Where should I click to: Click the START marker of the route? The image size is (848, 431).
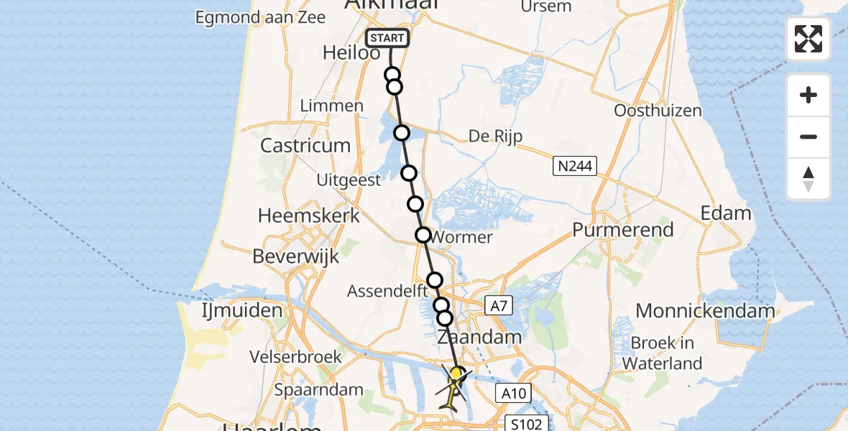pos(387,38)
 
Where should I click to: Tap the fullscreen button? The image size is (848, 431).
pos(808,39)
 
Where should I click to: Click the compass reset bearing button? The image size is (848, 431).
pos(808,179)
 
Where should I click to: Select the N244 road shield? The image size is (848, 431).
pos(575,167)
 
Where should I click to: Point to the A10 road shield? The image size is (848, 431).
pos(512,392)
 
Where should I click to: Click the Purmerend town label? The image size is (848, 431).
pos(623,230)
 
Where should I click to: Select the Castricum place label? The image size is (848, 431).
pos(305,145)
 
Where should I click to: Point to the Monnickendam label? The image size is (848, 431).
pos(705,311)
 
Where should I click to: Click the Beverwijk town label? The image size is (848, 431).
pos(295,256)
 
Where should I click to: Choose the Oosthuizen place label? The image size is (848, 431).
pos(658,111)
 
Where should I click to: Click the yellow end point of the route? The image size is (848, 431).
pos(456,374)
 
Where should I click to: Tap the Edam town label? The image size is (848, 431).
pos(727,213)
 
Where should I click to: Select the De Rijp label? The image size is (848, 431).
pos(495,136)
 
